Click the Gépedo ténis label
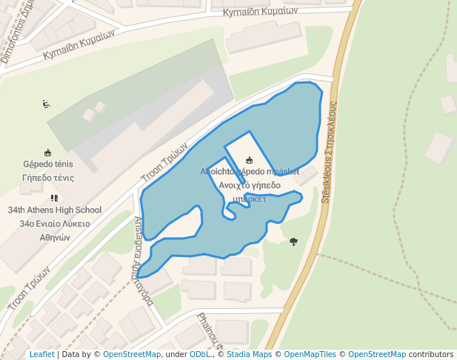(48, 164)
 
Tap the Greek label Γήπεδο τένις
(48, 178)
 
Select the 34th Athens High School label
(55, 210)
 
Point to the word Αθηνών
(55, 238)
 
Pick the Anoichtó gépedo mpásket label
(250, 172)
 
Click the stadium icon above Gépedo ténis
(48, 152)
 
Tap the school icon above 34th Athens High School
(54, 198)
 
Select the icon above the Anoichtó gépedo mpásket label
(250, 159)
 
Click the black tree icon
(294, 241)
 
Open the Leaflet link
(42, 355)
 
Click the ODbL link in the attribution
(199, 355)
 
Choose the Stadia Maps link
(249, 355)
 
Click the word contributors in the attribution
(431, 355)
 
